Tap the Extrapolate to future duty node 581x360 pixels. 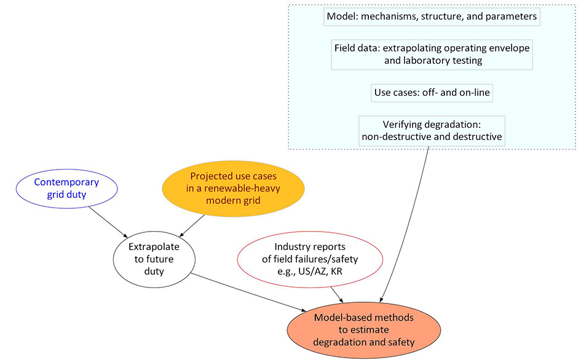click(154, 259)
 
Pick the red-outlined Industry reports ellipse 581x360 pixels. click(310, 259)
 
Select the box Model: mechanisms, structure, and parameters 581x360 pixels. click(432, 17)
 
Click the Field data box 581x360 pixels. click(432, 55)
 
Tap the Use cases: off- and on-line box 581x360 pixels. click(432, 93)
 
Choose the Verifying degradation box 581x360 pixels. click(432, 130)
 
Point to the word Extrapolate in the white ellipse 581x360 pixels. click(154, 247)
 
